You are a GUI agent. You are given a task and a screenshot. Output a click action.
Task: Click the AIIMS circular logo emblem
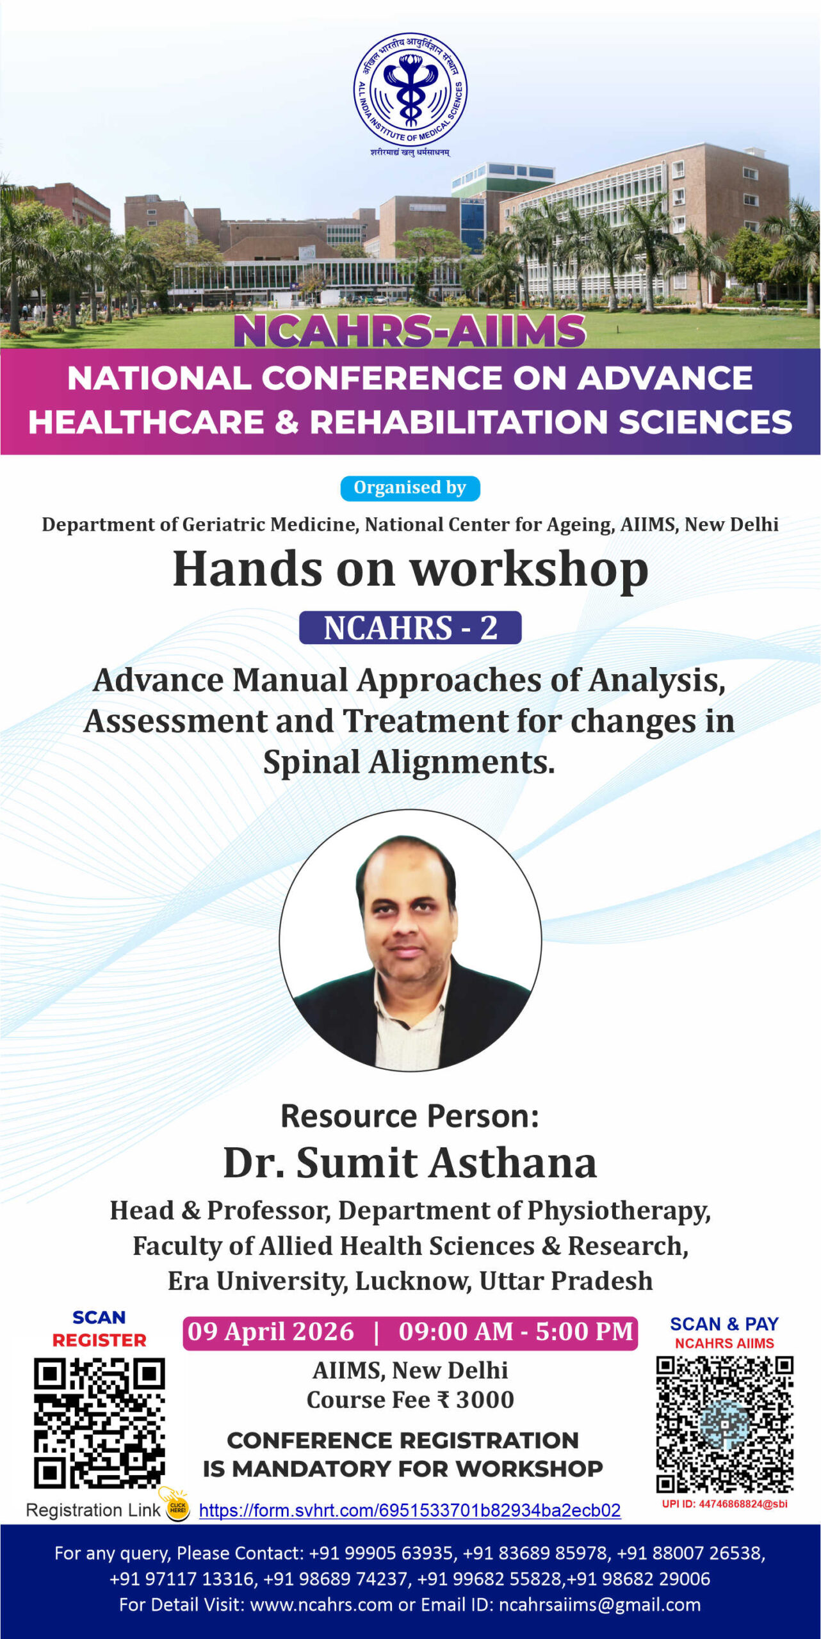point(410,90)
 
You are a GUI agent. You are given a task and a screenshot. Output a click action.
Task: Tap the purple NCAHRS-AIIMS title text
point(410,331)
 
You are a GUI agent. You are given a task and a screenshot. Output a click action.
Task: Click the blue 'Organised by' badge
point(410,488)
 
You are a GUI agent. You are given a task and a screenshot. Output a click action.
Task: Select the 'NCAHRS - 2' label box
point(410,627)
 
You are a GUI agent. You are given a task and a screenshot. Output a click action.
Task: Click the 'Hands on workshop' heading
point(410,569)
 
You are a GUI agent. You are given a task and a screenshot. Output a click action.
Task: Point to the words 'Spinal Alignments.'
point(409,762)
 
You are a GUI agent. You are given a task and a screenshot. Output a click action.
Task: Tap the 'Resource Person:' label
point(410,1116)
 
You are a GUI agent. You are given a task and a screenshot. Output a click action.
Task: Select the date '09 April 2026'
point(271,1332)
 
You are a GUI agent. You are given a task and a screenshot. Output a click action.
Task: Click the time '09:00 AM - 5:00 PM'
point(516,1332)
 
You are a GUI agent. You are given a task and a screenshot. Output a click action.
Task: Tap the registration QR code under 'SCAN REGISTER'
point(99,1423)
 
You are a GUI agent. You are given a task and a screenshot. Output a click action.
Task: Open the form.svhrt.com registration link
point(410,1510)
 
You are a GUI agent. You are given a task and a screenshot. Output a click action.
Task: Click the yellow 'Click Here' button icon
point(177,1508)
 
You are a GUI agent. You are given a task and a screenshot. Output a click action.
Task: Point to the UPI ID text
point(724,1504)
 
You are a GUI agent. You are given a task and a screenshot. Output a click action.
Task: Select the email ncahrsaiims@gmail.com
point(599,1605)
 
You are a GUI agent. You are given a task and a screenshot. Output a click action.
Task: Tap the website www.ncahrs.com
point(321,1605)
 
